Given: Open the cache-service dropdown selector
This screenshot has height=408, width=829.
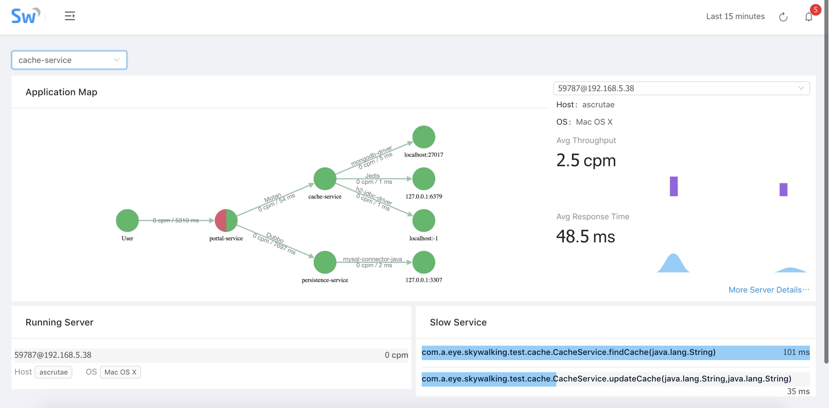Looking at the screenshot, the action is pyautogui.click(x=69, y=60).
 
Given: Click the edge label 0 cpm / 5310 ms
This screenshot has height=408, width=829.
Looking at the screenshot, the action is pyautogui.click(x=176, y=220).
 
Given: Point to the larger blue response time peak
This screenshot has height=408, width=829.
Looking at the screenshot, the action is pyautogui.click(x=673, y=264).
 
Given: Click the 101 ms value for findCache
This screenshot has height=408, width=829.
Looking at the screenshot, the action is pyautogui.click(x=796, y=352).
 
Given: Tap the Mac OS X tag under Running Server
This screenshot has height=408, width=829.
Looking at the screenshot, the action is pyautogui.click(x=120, y=372).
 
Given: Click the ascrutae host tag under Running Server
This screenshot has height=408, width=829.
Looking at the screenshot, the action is pyautogui.click(x=53, y=372).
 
